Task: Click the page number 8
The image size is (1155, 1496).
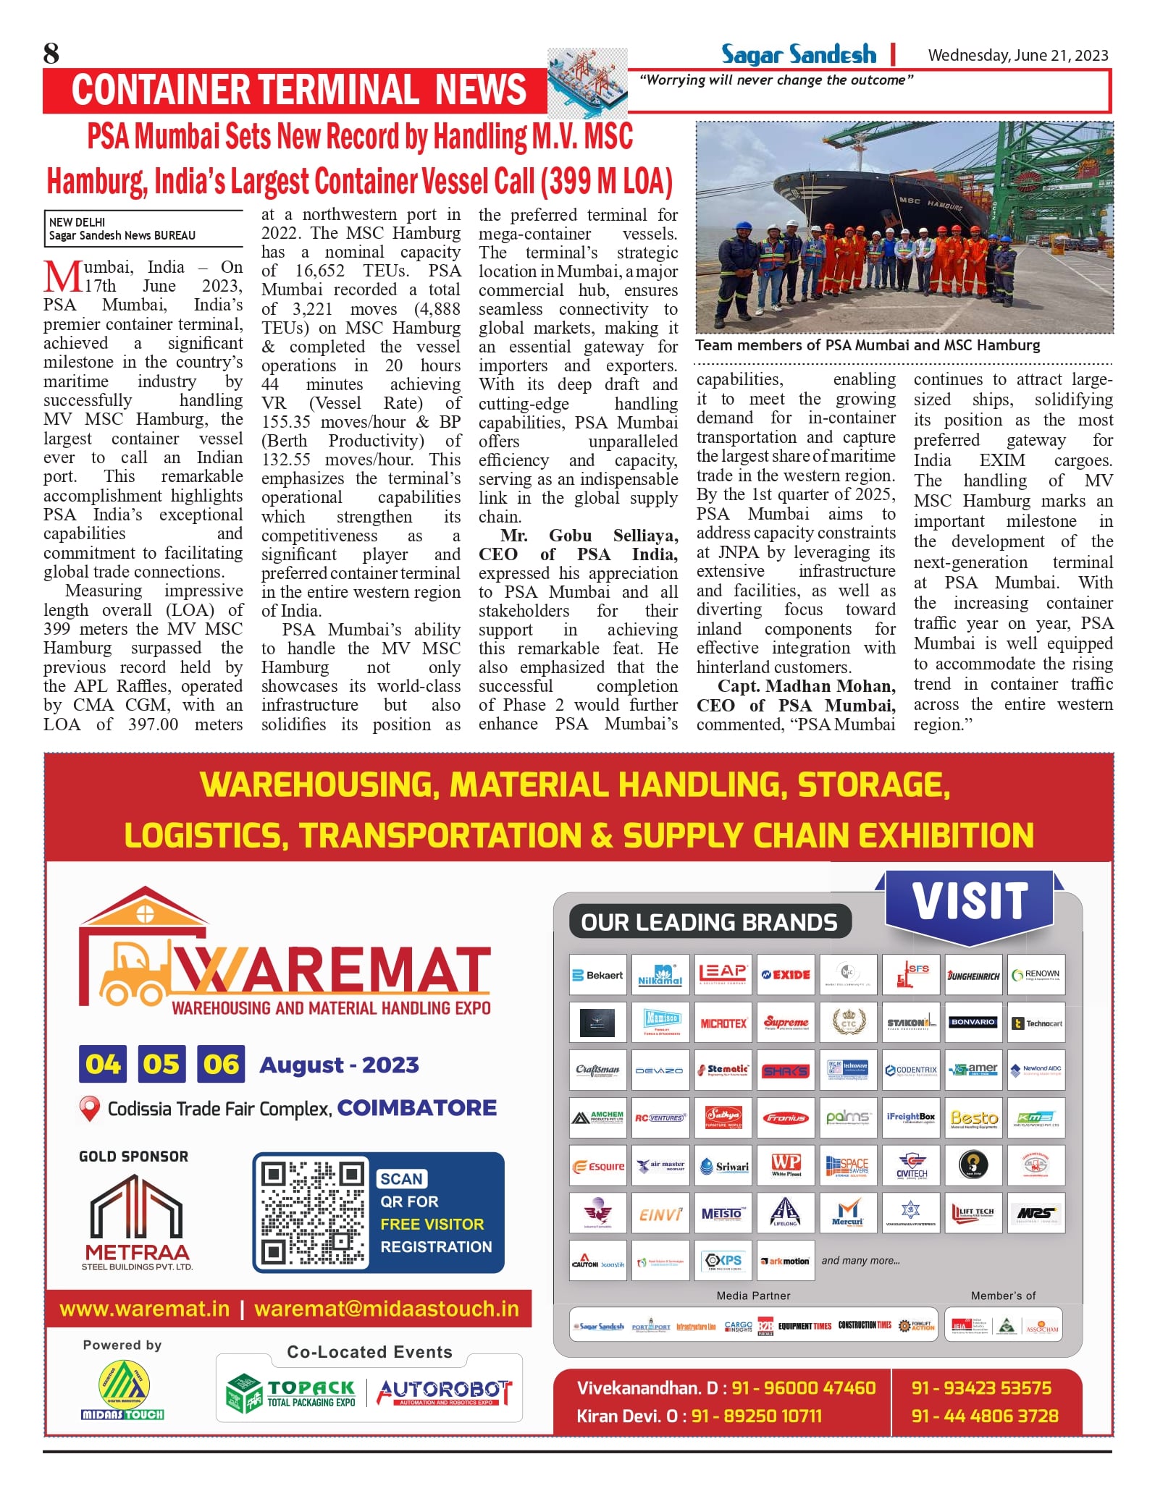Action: pyautogui.click(x=51, y=54)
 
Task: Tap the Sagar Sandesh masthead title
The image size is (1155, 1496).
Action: pyautogui.click(x=798, y=54)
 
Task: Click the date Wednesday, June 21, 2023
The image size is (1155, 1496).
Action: pyautogui.click(x=1017, y=55)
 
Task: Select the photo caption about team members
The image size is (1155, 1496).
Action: pyautogui.click(x=868, y=345)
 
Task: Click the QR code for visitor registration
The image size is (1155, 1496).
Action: pyautogui.click(x=313, y=1212)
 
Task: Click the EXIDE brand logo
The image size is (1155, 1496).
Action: pyautogui.click(x=786, y=974)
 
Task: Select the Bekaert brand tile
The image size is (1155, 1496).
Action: pyautogui.click(x=597, y=975)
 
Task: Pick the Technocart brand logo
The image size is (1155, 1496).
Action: pyautogui.click(x=1036, y=1023)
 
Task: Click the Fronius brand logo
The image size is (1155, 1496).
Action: pyautogui.click(x=786, y=1118)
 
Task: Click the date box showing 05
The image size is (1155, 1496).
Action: pyautogui.click(x=161, y=1064)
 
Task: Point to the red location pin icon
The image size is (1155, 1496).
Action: pyautogui.click(x=89, y=1108)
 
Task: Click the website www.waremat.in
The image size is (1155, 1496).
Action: pyautogui.click(x=145, y=1309)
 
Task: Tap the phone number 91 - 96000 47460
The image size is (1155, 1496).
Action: pyautogui.click(x=803, y=1387)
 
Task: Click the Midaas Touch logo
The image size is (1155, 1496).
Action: pyautogui.click(x=122, y=1390)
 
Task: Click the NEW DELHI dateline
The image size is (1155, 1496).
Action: pyautogui.click(x=77, y=222)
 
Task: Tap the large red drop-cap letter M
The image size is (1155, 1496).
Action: pyautogui.click(x=62, y=277)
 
